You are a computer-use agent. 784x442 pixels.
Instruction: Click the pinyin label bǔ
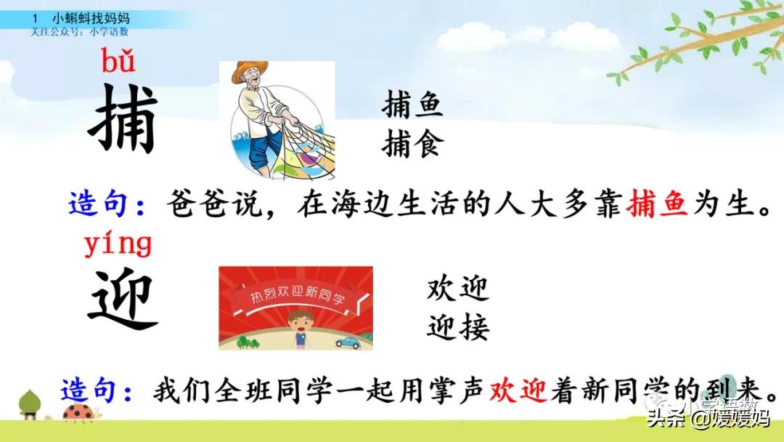coord(118,63)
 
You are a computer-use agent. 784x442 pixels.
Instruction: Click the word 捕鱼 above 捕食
coord(412,108)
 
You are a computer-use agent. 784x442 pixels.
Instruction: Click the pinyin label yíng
coord(118,244)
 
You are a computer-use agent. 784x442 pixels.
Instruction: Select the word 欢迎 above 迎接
coord(458,289)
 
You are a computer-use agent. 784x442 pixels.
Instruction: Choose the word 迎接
coord(458,327)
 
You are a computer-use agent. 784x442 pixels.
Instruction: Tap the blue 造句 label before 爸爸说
coord(102,203)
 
